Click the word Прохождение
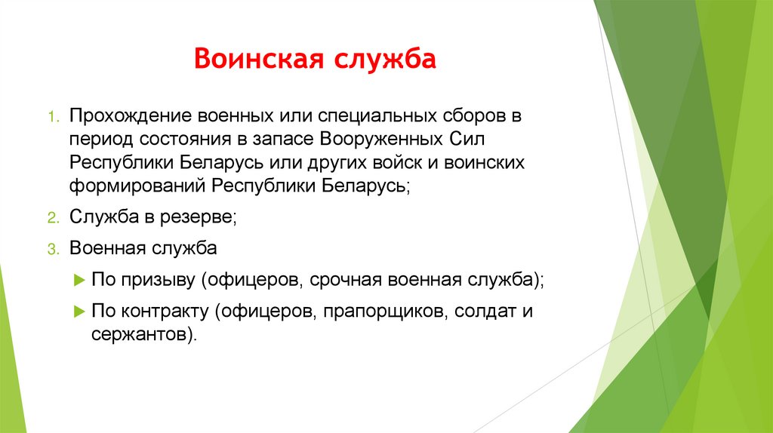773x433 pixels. (132, 118)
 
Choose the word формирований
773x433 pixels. (139, 186)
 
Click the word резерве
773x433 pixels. (204, 217)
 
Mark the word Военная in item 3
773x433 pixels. (108, 248)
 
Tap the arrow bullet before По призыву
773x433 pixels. (80, 280)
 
